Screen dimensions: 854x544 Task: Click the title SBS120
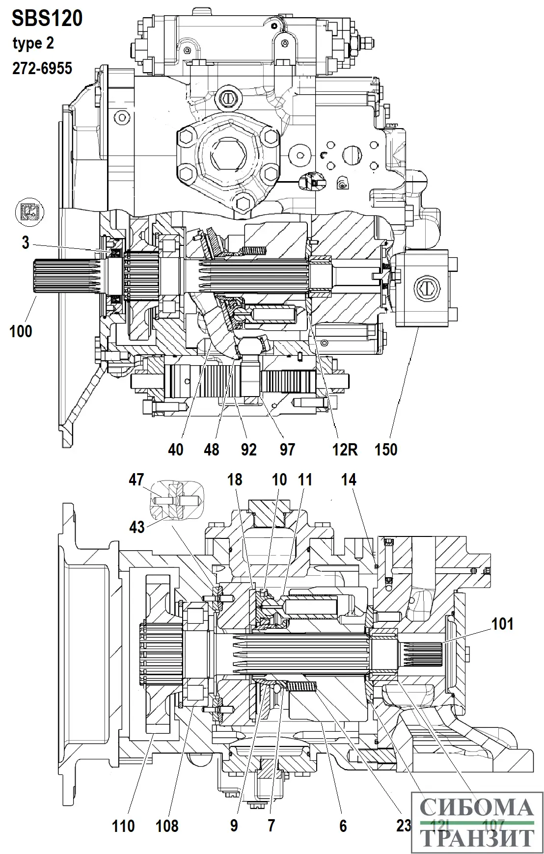point(47,19)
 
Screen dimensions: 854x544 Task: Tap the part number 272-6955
point(42,68)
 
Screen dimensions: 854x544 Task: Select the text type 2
point(33,44)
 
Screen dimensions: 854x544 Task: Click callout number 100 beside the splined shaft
point(21,331)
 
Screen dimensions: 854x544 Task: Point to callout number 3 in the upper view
point(26,242)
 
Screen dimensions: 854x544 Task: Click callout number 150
point(386,449)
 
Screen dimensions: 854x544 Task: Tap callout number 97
point(287,449)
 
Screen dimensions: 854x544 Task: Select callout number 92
point(249,449)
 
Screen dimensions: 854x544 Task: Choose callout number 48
point(212,449)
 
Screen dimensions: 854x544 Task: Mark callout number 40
point(175,449)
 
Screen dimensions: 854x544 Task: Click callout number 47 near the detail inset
point(136,480)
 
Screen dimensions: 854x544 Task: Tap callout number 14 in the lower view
point(349,480)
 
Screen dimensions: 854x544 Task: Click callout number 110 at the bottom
point(123,826)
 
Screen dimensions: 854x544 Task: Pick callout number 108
point(167,826)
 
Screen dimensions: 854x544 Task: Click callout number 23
point(404,826)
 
